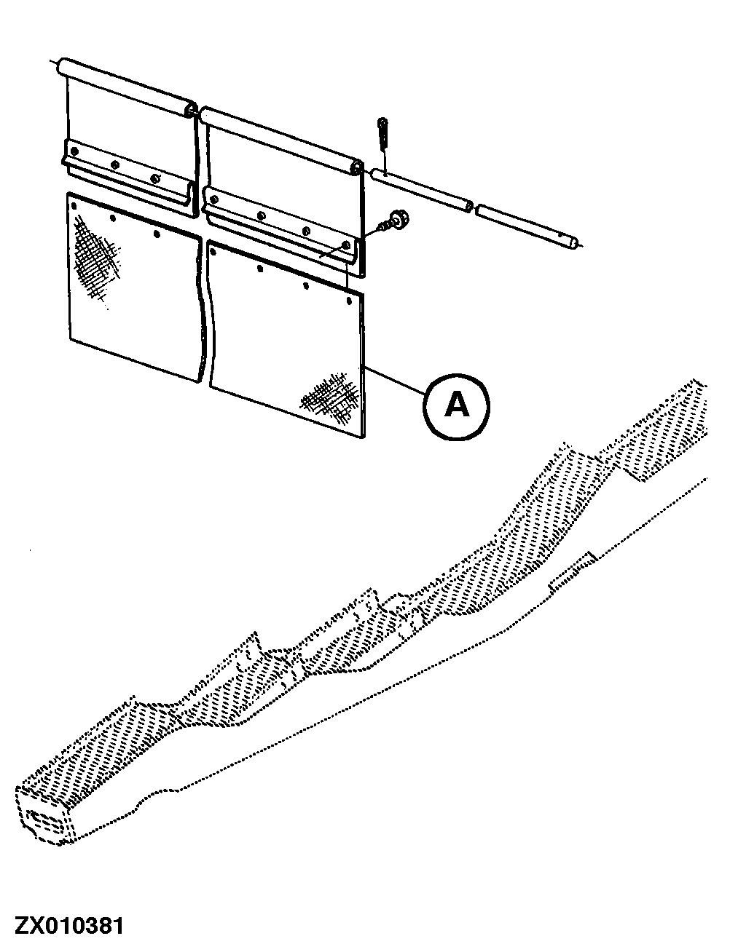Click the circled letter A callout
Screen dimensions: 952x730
[457, 405]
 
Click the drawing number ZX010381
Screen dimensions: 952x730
[63, 927]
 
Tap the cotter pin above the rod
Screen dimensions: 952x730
[382, 134]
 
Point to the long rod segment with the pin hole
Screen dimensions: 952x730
[421, 189]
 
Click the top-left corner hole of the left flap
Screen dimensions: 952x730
[75, 205]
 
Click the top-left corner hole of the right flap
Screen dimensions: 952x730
[213, 252]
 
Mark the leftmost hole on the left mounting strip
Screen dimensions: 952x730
[74, 150]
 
